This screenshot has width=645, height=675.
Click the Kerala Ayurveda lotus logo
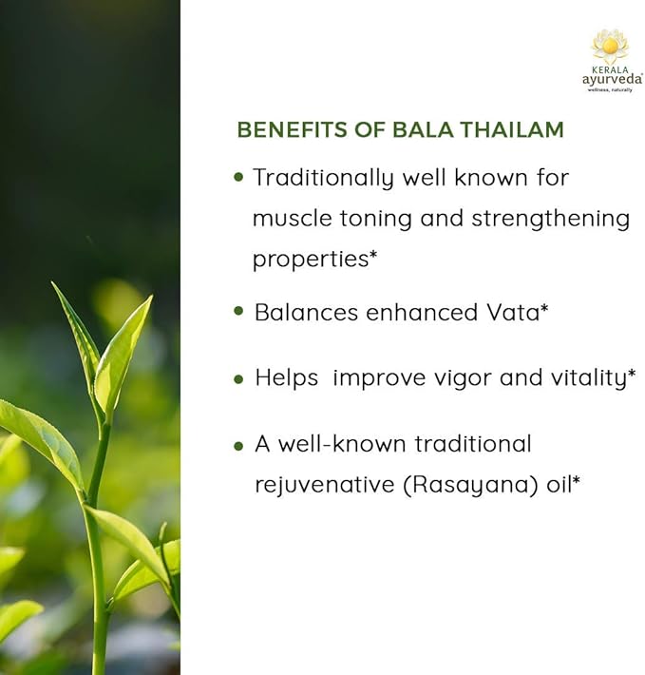[x=610, y=47]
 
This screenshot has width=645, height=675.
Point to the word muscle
[x=291, y=219]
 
